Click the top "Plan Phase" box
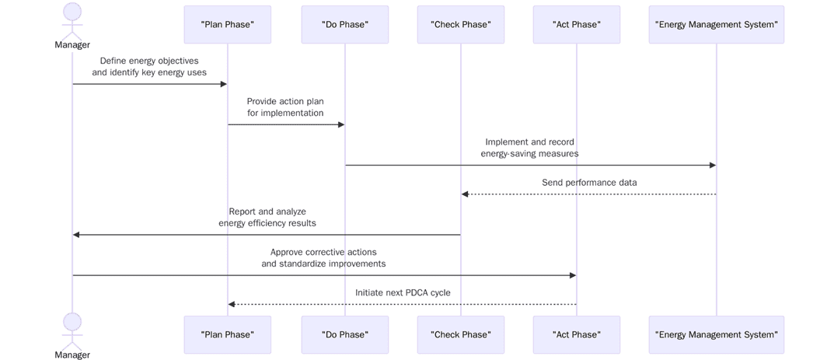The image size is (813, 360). pos(227,25)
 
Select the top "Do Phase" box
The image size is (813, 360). pos(344,25)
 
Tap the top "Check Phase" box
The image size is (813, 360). pos(460,25)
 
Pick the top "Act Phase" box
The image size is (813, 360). pos(576,25)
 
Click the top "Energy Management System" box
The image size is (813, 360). pos(716,25)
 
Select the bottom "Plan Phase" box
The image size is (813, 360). pos(227,335)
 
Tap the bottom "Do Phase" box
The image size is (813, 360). pos(344,335)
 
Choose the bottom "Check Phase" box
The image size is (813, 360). pos(460,335)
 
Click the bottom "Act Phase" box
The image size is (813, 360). pos(576,335)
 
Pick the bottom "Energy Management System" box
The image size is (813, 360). pos(716,335)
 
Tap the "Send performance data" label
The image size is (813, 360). pos(589,183)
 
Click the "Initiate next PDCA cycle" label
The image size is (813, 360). pos(403,293)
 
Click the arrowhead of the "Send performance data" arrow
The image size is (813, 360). pos(465,194)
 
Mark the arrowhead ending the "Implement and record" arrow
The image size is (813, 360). pos(712,165)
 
